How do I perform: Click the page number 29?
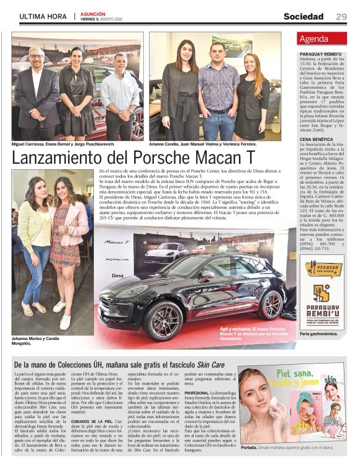pos(341,17)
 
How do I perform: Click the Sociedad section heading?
pos(304,17)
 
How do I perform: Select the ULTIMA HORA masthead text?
pos(43,17)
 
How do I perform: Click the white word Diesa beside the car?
pos(119,275)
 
